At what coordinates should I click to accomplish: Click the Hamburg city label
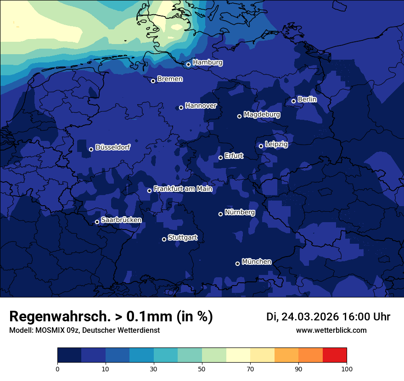[x=208, y=62]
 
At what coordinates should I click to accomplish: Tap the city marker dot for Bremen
[x=153, y=81]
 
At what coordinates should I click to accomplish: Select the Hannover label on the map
[x=201, y=106]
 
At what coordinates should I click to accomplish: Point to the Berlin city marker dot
[x=293, y=101]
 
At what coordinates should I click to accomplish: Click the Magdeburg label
[x=262, y=114]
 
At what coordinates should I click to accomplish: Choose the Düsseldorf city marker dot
[x=91, y=149]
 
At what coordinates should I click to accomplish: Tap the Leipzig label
[x=276, y=144]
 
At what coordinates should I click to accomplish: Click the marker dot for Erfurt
[x=220, y=157]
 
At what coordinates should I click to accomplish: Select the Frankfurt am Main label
[x=183, y=189]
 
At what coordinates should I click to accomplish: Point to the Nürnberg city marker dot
[x=220, y=214]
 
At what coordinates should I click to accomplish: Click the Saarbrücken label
[x=121, y=220]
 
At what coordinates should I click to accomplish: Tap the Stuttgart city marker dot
[x=164, y=239]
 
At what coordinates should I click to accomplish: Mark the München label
[x=256, y=262]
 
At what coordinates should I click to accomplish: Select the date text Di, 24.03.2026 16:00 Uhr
[x=328, y=317]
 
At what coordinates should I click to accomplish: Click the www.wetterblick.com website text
[x=331, y=331]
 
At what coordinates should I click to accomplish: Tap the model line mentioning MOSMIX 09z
[x=84, y=331]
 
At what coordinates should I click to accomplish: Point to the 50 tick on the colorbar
[x=202, y=369]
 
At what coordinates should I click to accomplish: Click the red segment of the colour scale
[x=335, y=355]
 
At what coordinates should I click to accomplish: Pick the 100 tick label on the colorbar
[x=347, y=369]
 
